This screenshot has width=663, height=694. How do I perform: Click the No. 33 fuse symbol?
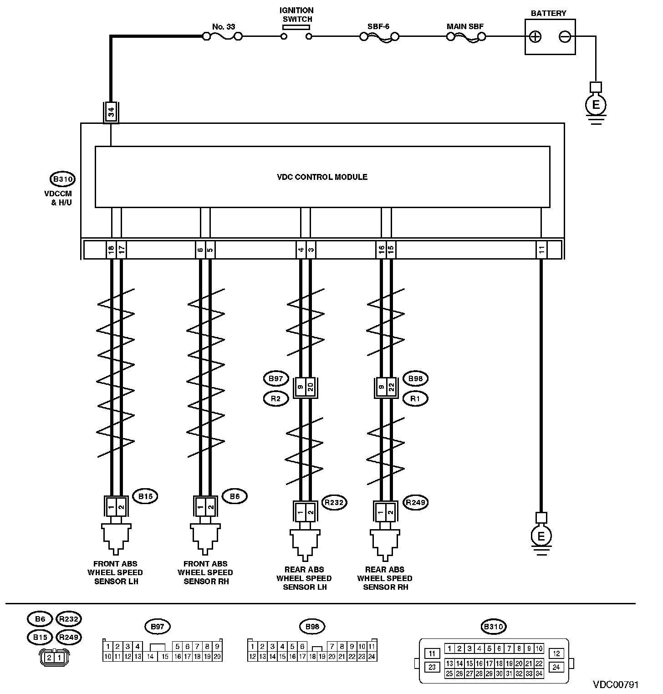224,36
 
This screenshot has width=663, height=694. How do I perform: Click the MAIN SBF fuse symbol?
466,36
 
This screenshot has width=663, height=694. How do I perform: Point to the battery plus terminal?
536,37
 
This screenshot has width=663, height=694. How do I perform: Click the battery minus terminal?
565,37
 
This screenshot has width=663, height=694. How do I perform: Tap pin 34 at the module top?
111,112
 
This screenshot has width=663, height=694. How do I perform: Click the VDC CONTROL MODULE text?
322,177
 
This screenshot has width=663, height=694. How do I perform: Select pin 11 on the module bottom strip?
541,250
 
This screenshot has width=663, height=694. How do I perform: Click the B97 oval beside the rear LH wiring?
275,378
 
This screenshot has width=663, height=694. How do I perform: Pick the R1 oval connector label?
415,399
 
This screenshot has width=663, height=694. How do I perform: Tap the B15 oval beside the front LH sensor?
145,496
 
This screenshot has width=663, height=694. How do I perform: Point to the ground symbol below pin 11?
541,537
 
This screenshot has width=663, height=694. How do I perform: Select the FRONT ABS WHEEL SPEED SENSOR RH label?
205,572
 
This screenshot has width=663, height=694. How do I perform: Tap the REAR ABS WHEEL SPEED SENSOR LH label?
304,578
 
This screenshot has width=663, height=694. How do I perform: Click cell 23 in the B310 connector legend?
432,667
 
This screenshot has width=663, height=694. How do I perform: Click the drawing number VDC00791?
615,685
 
